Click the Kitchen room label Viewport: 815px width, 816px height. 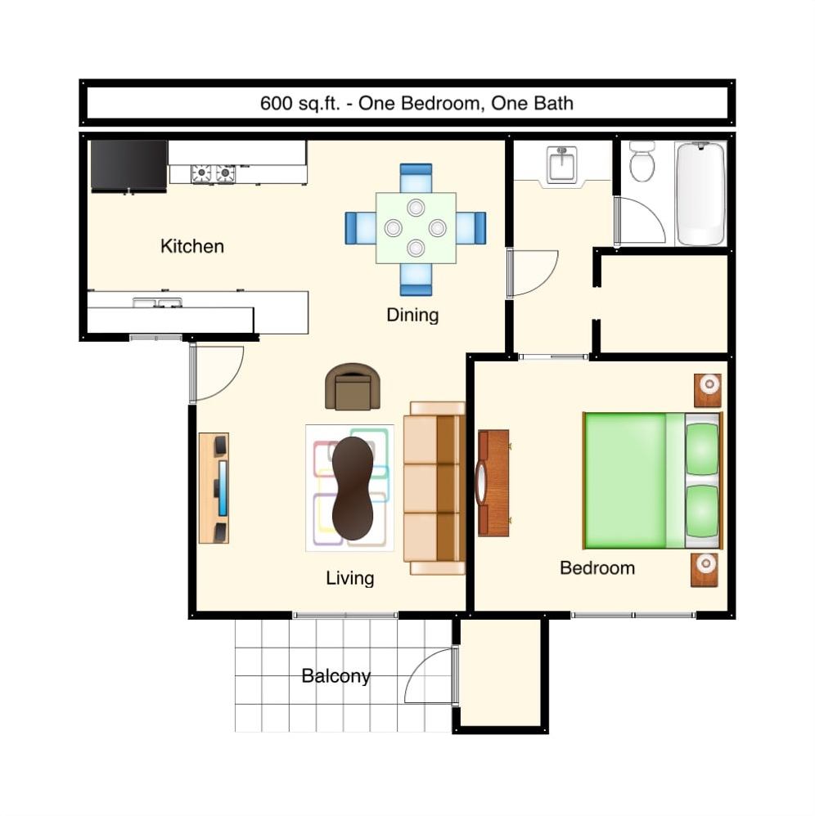pyautogui.click(x=191, y=246)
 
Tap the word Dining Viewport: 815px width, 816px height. pyautogui.click(x=412, y=315)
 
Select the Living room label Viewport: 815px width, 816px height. pyautogui.click(x=349, y=578)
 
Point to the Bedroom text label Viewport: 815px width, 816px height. pyautogui.click(x=597, y=568)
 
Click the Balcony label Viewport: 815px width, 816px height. pyautogui.click(x=335, y=676)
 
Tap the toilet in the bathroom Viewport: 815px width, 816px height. pyautogui.click(x=642, y=161)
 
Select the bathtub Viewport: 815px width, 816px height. pyautogui.click(x=701, y=193)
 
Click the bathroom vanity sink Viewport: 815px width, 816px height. pyautogui.click(x=562, y=164)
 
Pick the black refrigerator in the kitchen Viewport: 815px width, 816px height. pyautogui.click(x=128, y=165)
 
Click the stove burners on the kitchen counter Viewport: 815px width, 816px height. pyautogui.click(x=213, y=173)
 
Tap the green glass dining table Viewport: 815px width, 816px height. pyautogui.click(x=416, y=227)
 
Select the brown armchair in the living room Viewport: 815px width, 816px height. pyautogui.click(x=353, y=386)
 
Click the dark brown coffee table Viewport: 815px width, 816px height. pyautogui.click(x=353, y=488)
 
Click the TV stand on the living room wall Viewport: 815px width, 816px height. pyautogui.click(x=214, y=488)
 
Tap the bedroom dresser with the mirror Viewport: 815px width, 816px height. pyautogui.click(x=493, y=482)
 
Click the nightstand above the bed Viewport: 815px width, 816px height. pyautogui.click(x=708, y=390)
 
